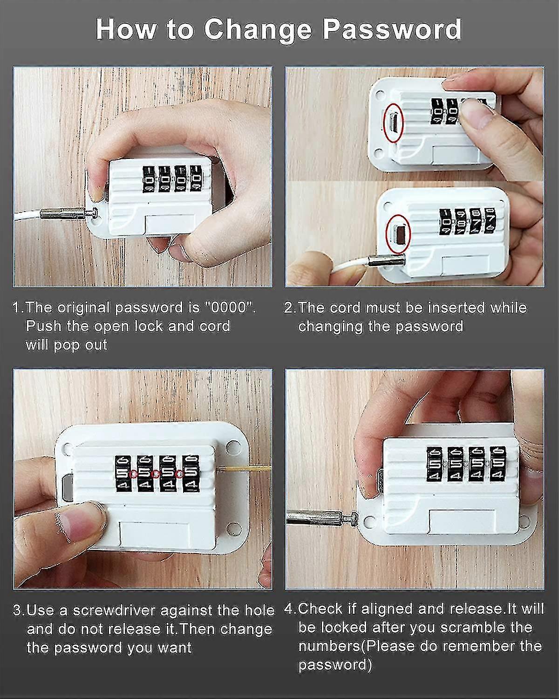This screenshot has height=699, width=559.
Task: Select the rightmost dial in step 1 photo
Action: coord(197,178)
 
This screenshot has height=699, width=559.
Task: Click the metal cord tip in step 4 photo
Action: coord(321,515)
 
